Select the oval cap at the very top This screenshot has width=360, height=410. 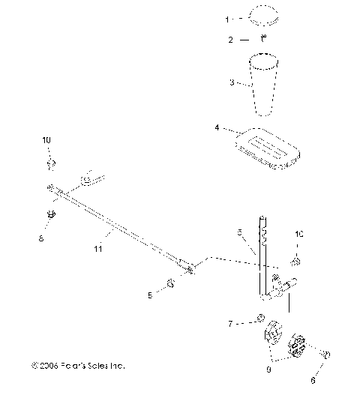(x=264, y=16)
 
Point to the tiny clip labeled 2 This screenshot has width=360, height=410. (x=264, y=37)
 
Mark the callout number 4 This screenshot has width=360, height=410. (x=218, y=128)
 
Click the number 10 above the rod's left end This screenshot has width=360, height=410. (x=46, y=140)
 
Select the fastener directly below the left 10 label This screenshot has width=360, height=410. (x=52, y=163)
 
